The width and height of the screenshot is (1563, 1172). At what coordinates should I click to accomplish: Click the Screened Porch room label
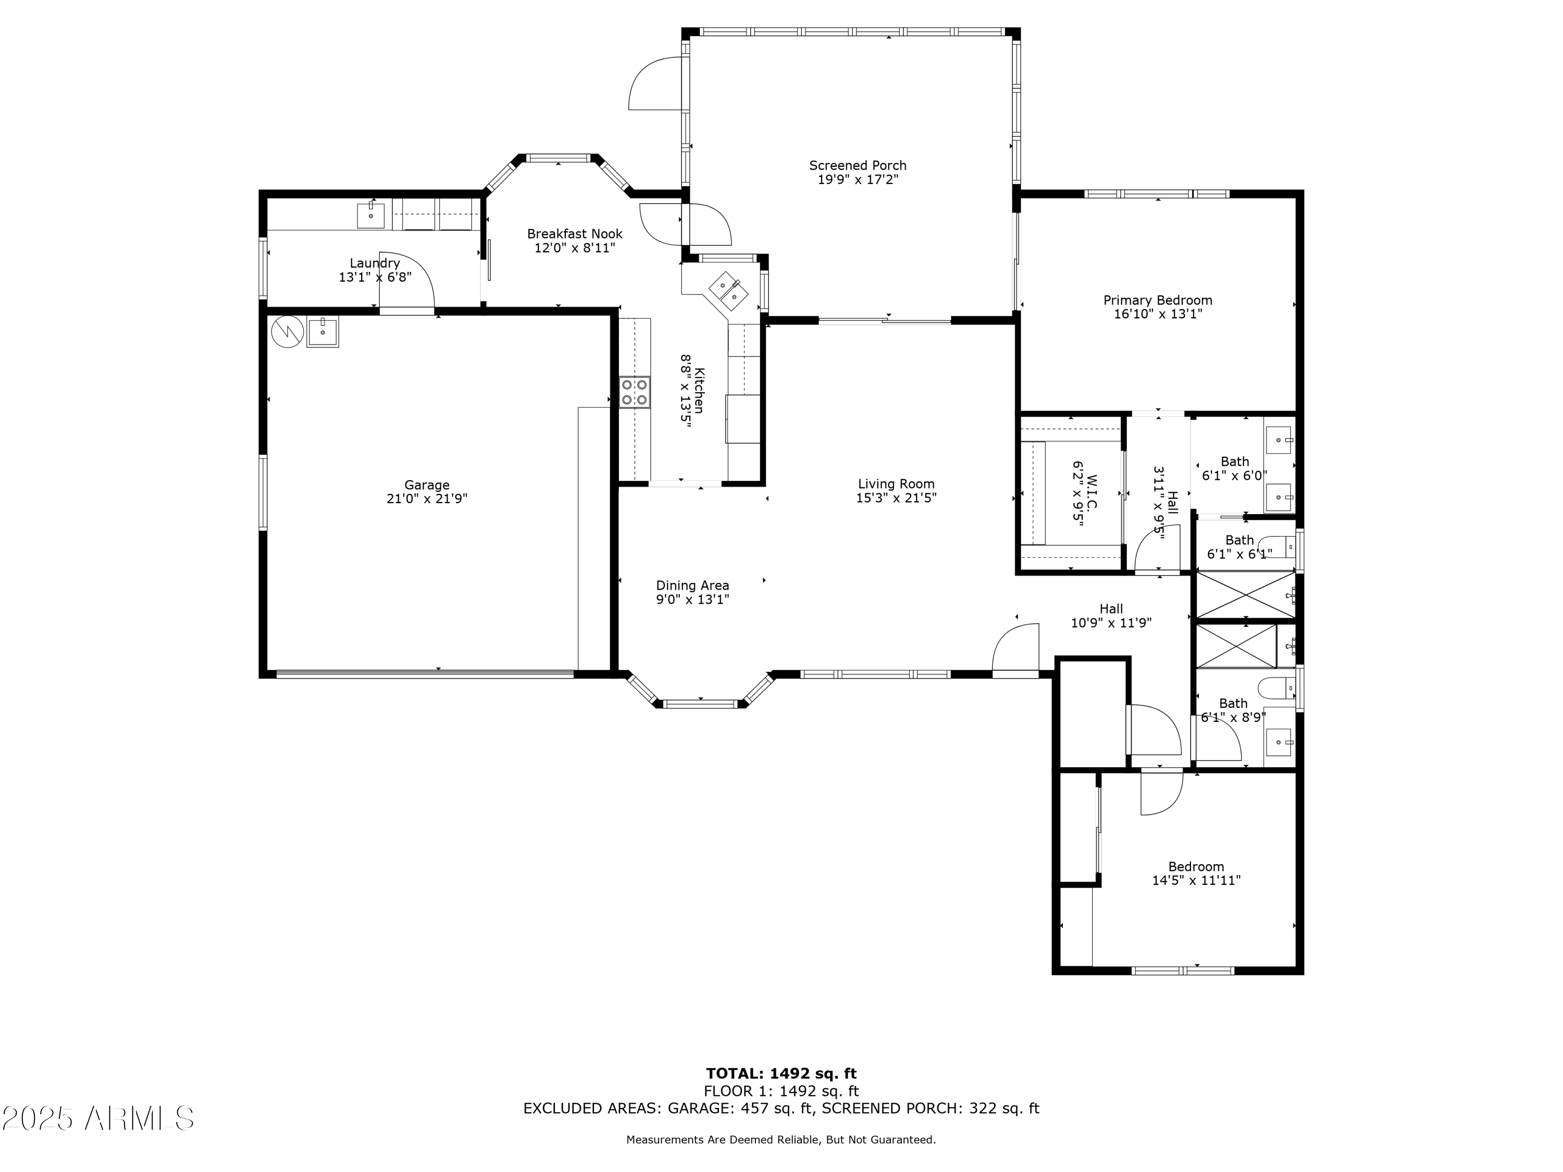pyautogui.click(x=857, y=165)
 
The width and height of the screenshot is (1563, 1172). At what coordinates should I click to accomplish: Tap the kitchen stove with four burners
pyautogui.click(x=635, y=392)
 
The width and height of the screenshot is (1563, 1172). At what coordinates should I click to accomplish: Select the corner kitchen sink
pyautogui.click(x=728, y=290)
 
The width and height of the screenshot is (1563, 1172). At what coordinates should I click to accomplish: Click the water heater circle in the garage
pyautogui.click(x=288, y=331)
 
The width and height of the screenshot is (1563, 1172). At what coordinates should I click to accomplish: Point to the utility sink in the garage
pyautogui.click(x=322, y=331)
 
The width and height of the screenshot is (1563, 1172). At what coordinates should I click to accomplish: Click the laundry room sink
pyautogui.click(x=370, y=215)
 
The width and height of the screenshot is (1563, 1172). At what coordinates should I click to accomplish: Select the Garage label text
pyautogui.click(x=427, y=484)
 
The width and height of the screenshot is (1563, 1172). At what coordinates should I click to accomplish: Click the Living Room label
pyautogui.click(x=896, y=484)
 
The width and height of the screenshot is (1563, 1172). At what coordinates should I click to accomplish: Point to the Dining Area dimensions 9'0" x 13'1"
pyautogui.click(x=692, y=600)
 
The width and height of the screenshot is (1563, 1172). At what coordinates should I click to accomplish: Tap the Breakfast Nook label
pyautogui.click(x=575, y=234)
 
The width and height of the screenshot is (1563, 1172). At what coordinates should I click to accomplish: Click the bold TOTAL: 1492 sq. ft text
pyautogui.click(x=781, y=1074)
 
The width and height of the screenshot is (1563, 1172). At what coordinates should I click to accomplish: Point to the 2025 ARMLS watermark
pyautogui.click(x=98, y=1118)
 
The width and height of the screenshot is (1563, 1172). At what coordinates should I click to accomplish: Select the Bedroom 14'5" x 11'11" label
pyautogui.click(x=1196, y=867)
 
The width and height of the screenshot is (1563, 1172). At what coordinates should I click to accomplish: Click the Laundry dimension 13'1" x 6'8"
pyautogui.click(x=375, y=278)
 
